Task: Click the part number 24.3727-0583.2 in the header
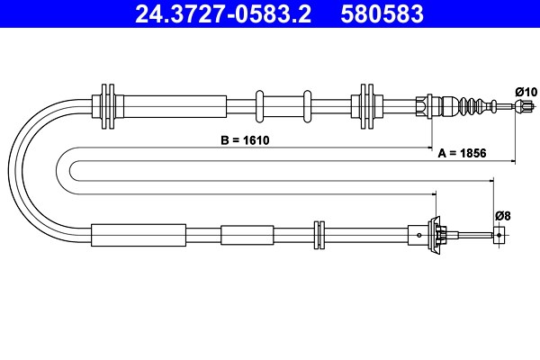pyautogui.click(x=223, y=13)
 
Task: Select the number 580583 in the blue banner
pyautogui.click(x=382, y=13)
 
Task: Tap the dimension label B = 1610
pyautogui.click(x=245, y=140)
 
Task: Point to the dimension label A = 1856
pyautogui.click(x=462, y=153)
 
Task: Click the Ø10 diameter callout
pyautogui.click(x=526, y=92)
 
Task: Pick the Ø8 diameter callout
pyautogui.click(x=503, y=216)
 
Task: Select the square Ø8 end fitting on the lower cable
pyautogui.click(x=499, y=235)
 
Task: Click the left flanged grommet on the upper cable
pyautogui.click(x=108, y=106)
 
